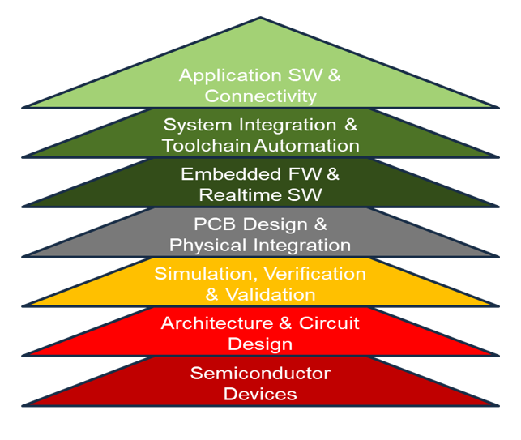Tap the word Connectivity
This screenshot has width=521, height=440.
[260, 96]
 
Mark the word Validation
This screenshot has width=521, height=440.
[271, 294]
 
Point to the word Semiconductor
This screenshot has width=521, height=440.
[260, 373]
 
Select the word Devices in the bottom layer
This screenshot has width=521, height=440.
[260, 394]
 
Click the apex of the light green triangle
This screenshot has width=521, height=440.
[260, 18]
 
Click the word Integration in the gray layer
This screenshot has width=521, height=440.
[303, 245]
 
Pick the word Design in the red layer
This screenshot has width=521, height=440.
[260, 344]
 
